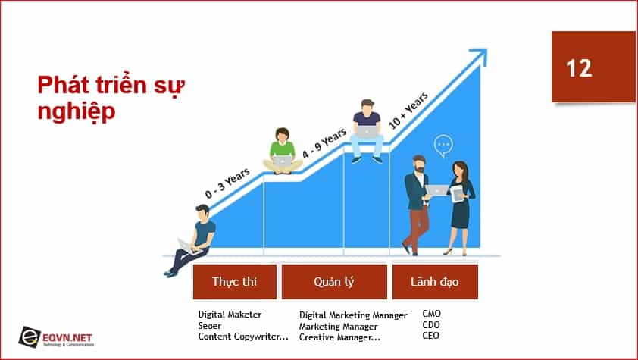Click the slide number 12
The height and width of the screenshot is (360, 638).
click(579, 68)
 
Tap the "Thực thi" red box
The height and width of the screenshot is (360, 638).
click(235, 281)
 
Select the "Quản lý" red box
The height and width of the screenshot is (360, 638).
click(334, 281)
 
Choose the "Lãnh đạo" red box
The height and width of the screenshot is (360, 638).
click(435, 281)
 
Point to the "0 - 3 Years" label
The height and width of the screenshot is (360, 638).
click(227, 183)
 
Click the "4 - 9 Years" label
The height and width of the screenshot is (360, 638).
click(324, 143)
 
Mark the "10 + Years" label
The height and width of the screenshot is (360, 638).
click(408, 111)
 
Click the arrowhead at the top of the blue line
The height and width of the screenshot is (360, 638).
click(480, 55)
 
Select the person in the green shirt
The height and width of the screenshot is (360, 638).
click(283, 152)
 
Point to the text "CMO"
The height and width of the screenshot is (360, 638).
click(431, 314)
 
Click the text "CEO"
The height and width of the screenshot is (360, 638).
click(431, 336)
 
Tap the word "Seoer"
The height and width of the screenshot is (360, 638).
click(210, 325)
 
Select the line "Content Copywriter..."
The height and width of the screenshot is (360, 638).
click(243, 337)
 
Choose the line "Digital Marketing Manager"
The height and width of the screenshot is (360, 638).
click(353, 315)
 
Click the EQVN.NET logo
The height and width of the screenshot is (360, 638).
click(56, 337)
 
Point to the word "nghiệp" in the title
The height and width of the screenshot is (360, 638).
click(77, 111)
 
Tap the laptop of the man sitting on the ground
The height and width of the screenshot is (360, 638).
click(186, 246)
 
